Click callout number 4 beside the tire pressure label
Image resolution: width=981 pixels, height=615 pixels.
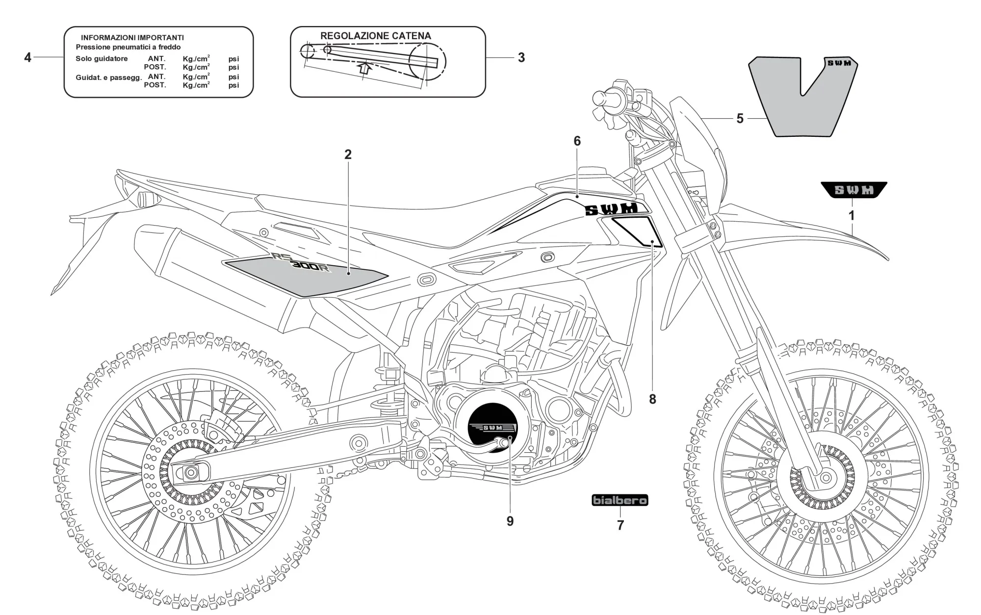pyautogui.click(x=27, y=58)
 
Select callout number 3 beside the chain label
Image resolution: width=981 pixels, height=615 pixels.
pyautogui.click(x=521, y=58)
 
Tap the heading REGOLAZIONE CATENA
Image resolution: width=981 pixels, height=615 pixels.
pyautogui.click(x=375, y=36)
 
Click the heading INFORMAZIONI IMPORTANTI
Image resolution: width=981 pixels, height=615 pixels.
pyautogui.click(x=132, y=38)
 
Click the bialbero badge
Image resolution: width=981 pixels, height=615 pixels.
pyautogui.click(x=620, y=500)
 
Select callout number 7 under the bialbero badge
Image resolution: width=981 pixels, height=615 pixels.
pyautogui.click(x=620, y=526)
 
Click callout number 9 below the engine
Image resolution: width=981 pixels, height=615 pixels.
pyautogui.click(x=510, y=521)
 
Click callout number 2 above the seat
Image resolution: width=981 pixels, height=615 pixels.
pyautogui.click(x=348, y=154)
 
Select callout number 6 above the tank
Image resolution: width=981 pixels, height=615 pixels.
pyautogui.click(x=577, y=141)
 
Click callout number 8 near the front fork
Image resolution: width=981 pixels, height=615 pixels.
pyautogui.click(x=652, y=399)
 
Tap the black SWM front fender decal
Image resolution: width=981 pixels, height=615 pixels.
pyautogui.click(x=854, y=190)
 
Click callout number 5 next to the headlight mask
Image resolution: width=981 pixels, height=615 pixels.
pyautogui.click(x=740, y=119)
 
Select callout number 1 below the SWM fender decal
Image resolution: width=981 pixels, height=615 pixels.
pyautogui.click(x=852, y=215)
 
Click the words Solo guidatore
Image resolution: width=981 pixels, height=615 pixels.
pyautogui.click(x=102, y=59)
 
